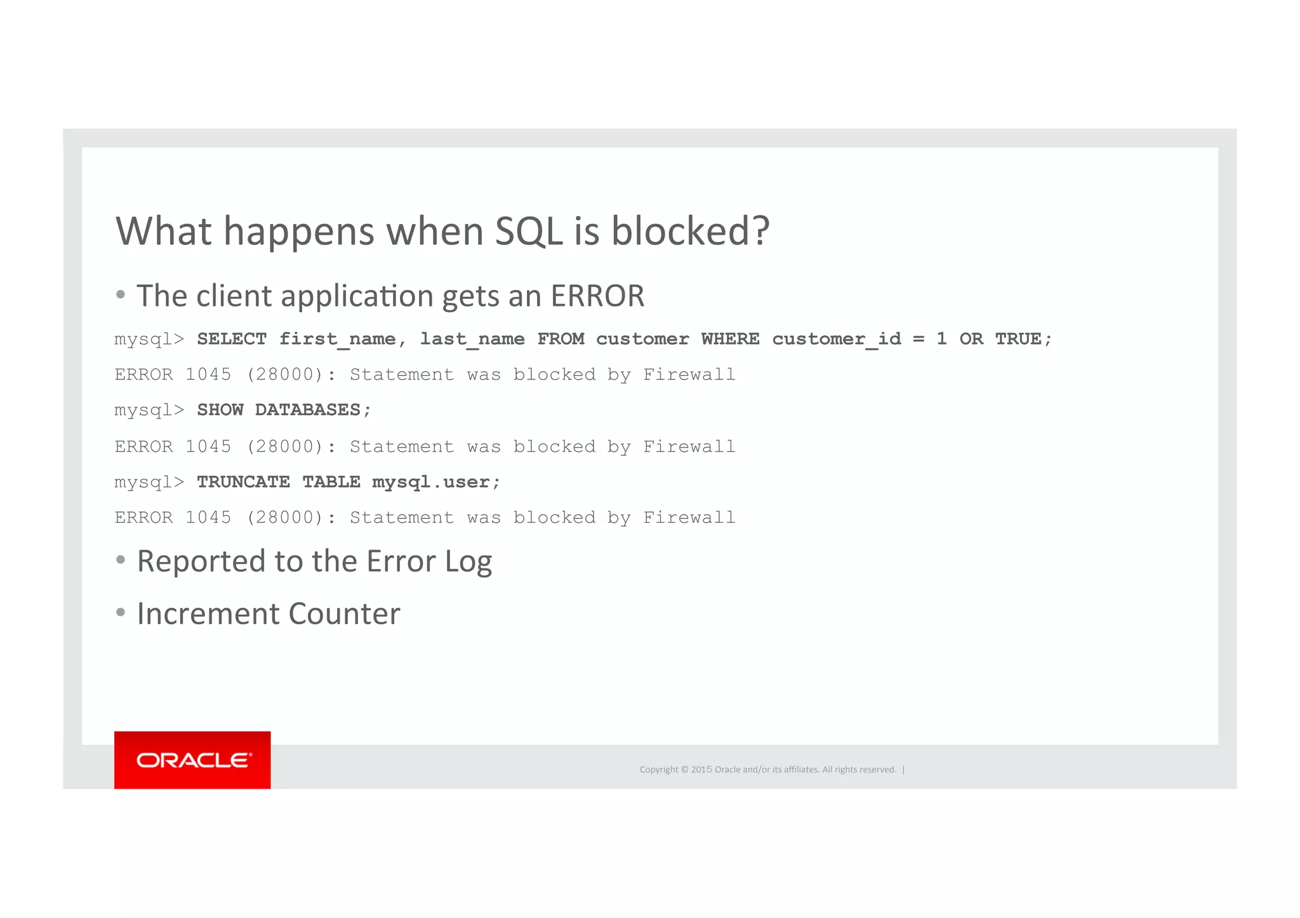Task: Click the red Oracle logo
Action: pyautogui.click(x=192, y=759)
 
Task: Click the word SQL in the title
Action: pyautogui.click(x=528, y=231)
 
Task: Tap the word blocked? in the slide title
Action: pyautogui.click(x=690, y=231)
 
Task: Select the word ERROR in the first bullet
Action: pyautogui.click(x=597, y=296)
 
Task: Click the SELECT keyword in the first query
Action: pyautogui.click(x=232, y=339)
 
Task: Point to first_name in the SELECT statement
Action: pyautogui.click(x=337, y=339)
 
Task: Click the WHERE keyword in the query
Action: pyautogui.click(x=730, y=339)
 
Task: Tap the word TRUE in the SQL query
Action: pyautogui.click(x=1018, y=339)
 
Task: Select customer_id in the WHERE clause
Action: pyautogui.click(x=836, y=339)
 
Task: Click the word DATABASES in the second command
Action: pyautogui.click(x=308, y=410)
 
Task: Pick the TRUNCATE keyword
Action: pyautogui.click(x=243, y=482)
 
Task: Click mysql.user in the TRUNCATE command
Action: pyautogui.click(x=431, y=482)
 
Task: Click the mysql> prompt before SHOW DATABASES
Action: pyautogui.click(x=149, y=410)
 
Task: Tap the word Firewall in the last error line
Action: pyautogui.click(x=689, y=518)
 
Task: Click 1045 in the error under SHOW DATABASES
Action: pyautogui.click(x=208, y=447)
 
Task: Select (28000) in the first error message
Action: pyautogui.click(x=285, y=375)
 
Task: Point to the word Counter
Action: pyautogui.click(x=344, y=614)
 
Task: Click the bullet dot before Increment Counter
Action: pyautogui.click(x=121, y=613)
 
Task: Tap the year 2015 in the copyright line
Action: pyautogui.click(x=701, y=770)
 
